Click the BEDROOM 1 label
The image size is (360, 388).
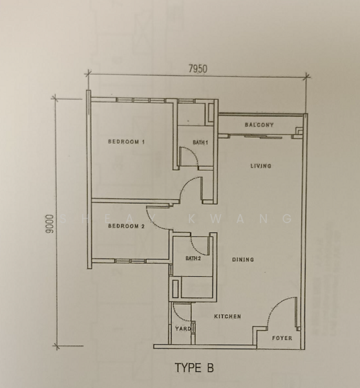coord(126,142)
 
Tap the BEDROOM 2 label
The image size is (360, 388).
coord(126,226)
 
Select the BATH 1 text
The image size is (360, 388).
coord(200,142)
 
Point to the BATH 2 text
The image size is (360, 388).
coord(193,259)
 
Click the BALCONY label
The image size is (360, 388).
coord(259,125)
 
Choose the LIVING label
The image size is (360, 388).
coord(261,166)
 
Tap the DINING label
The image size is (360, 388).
coord(243,259)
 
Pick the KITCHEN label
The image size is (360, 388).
coord(228,316)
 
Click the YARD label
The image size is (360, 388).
coord(183,329)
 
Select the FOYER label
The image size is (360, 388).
coord(282,338)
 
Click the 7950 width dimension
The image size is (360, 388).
coord(198,69)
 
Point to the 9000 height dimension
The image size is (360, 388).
coord(50,224)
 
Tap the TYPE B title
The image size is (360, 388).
coord(194,368)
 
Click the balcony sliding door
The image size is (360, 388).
coord(263,136)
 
